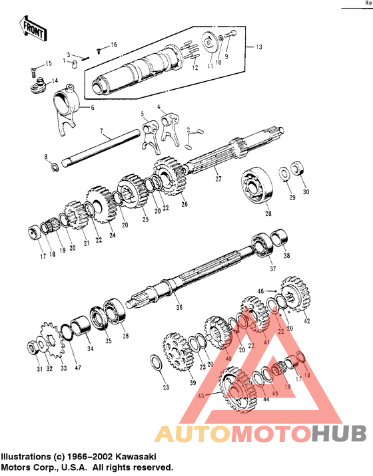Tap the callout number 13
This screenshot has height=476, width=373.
pyautogui.click(x=260, y=47)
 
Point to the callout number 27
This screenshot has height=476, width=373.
pyautogui.click(x=217, y=178)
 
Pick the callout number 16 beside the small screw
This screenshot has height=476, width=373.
pyautogui.click(x=113, y=45)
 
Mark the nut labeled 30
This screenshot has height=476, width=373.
pyautogui.click(x=300, y=170)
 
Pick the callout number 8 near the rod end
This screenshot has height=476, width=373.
pyautogui.click(x=45, y=156)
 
